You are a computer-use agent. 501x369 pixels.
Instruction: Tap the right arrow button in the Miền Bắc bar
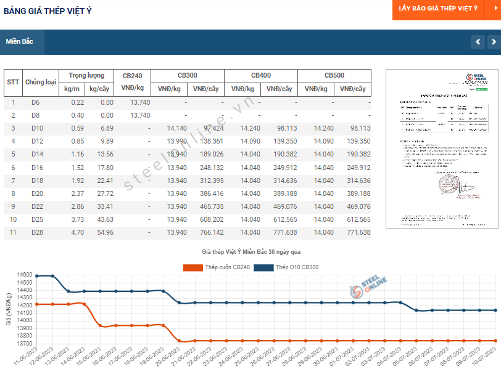coord(493,42)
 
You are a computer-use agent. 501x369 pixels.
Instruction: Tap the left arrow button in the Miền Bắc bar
coord(478,42)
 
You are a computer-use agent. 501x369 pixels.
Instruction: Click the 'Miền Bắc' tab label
coord(20,42)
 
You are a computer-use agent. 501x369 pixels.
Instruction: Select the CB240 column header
coord(133,82)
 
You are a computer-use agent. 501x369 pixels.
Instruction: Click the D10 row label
coord(37,128)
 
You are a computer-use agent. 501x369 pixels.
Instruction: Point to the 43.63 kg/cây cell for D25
coord(102,219)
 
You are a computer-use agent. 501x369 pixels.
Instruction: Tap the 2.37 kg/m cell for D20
coord(77,193)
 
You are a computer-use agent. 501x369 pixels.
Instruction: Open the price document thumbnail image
coord(441,148)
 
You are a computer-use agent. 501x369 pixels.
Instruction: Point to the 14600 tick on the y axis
coord(24,275)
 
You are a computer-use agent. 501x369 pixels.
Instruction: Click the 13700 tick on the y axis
coord(24,343)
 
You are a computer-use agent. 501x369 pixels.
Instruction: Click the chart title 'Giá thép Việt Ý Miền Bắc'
coord(250,252)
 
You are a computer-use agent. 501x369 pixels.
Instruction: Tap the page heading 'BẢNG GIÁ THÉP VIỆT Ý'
coord(48,10)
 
